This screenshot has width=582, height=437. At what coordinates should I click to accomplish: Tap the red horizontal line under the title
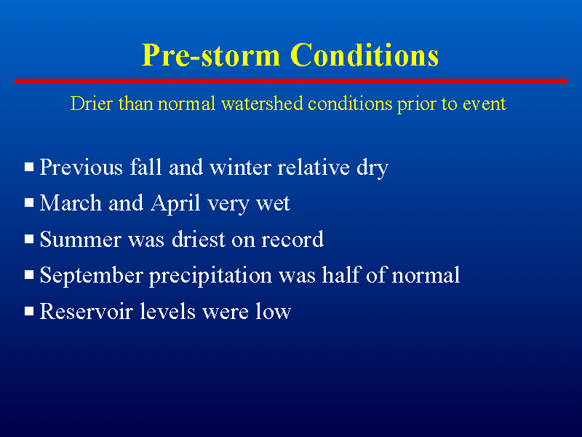click(x=291, y=81)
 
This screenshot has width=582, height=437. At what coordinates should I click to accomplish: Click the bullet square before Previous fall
click(x=29, y=167)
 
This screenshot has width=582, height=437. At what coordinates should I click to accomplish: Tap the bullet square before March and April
click(x=29, y=202)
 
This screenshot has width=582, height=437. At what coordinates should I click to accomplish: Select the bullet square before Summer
click(x=29, y=239)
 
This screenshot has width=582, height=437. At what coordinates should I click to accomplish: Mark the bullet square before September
click(x=29, y=275)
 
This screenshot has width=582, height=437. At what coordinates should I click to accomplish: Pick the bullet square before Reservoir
click(x=29, y=311)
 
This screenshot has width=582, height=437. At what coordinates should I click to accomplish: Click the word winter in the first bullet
click(x=241, y=168)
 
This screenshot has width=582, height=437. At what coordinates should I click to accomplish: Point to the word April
click(x=175, y=204)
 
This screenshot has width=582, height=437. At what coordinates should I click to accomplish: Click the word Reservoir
click(x=86, y=312)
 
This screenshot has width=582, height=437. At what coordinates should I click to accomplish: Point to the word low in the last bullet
click(x=273, y=312)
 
